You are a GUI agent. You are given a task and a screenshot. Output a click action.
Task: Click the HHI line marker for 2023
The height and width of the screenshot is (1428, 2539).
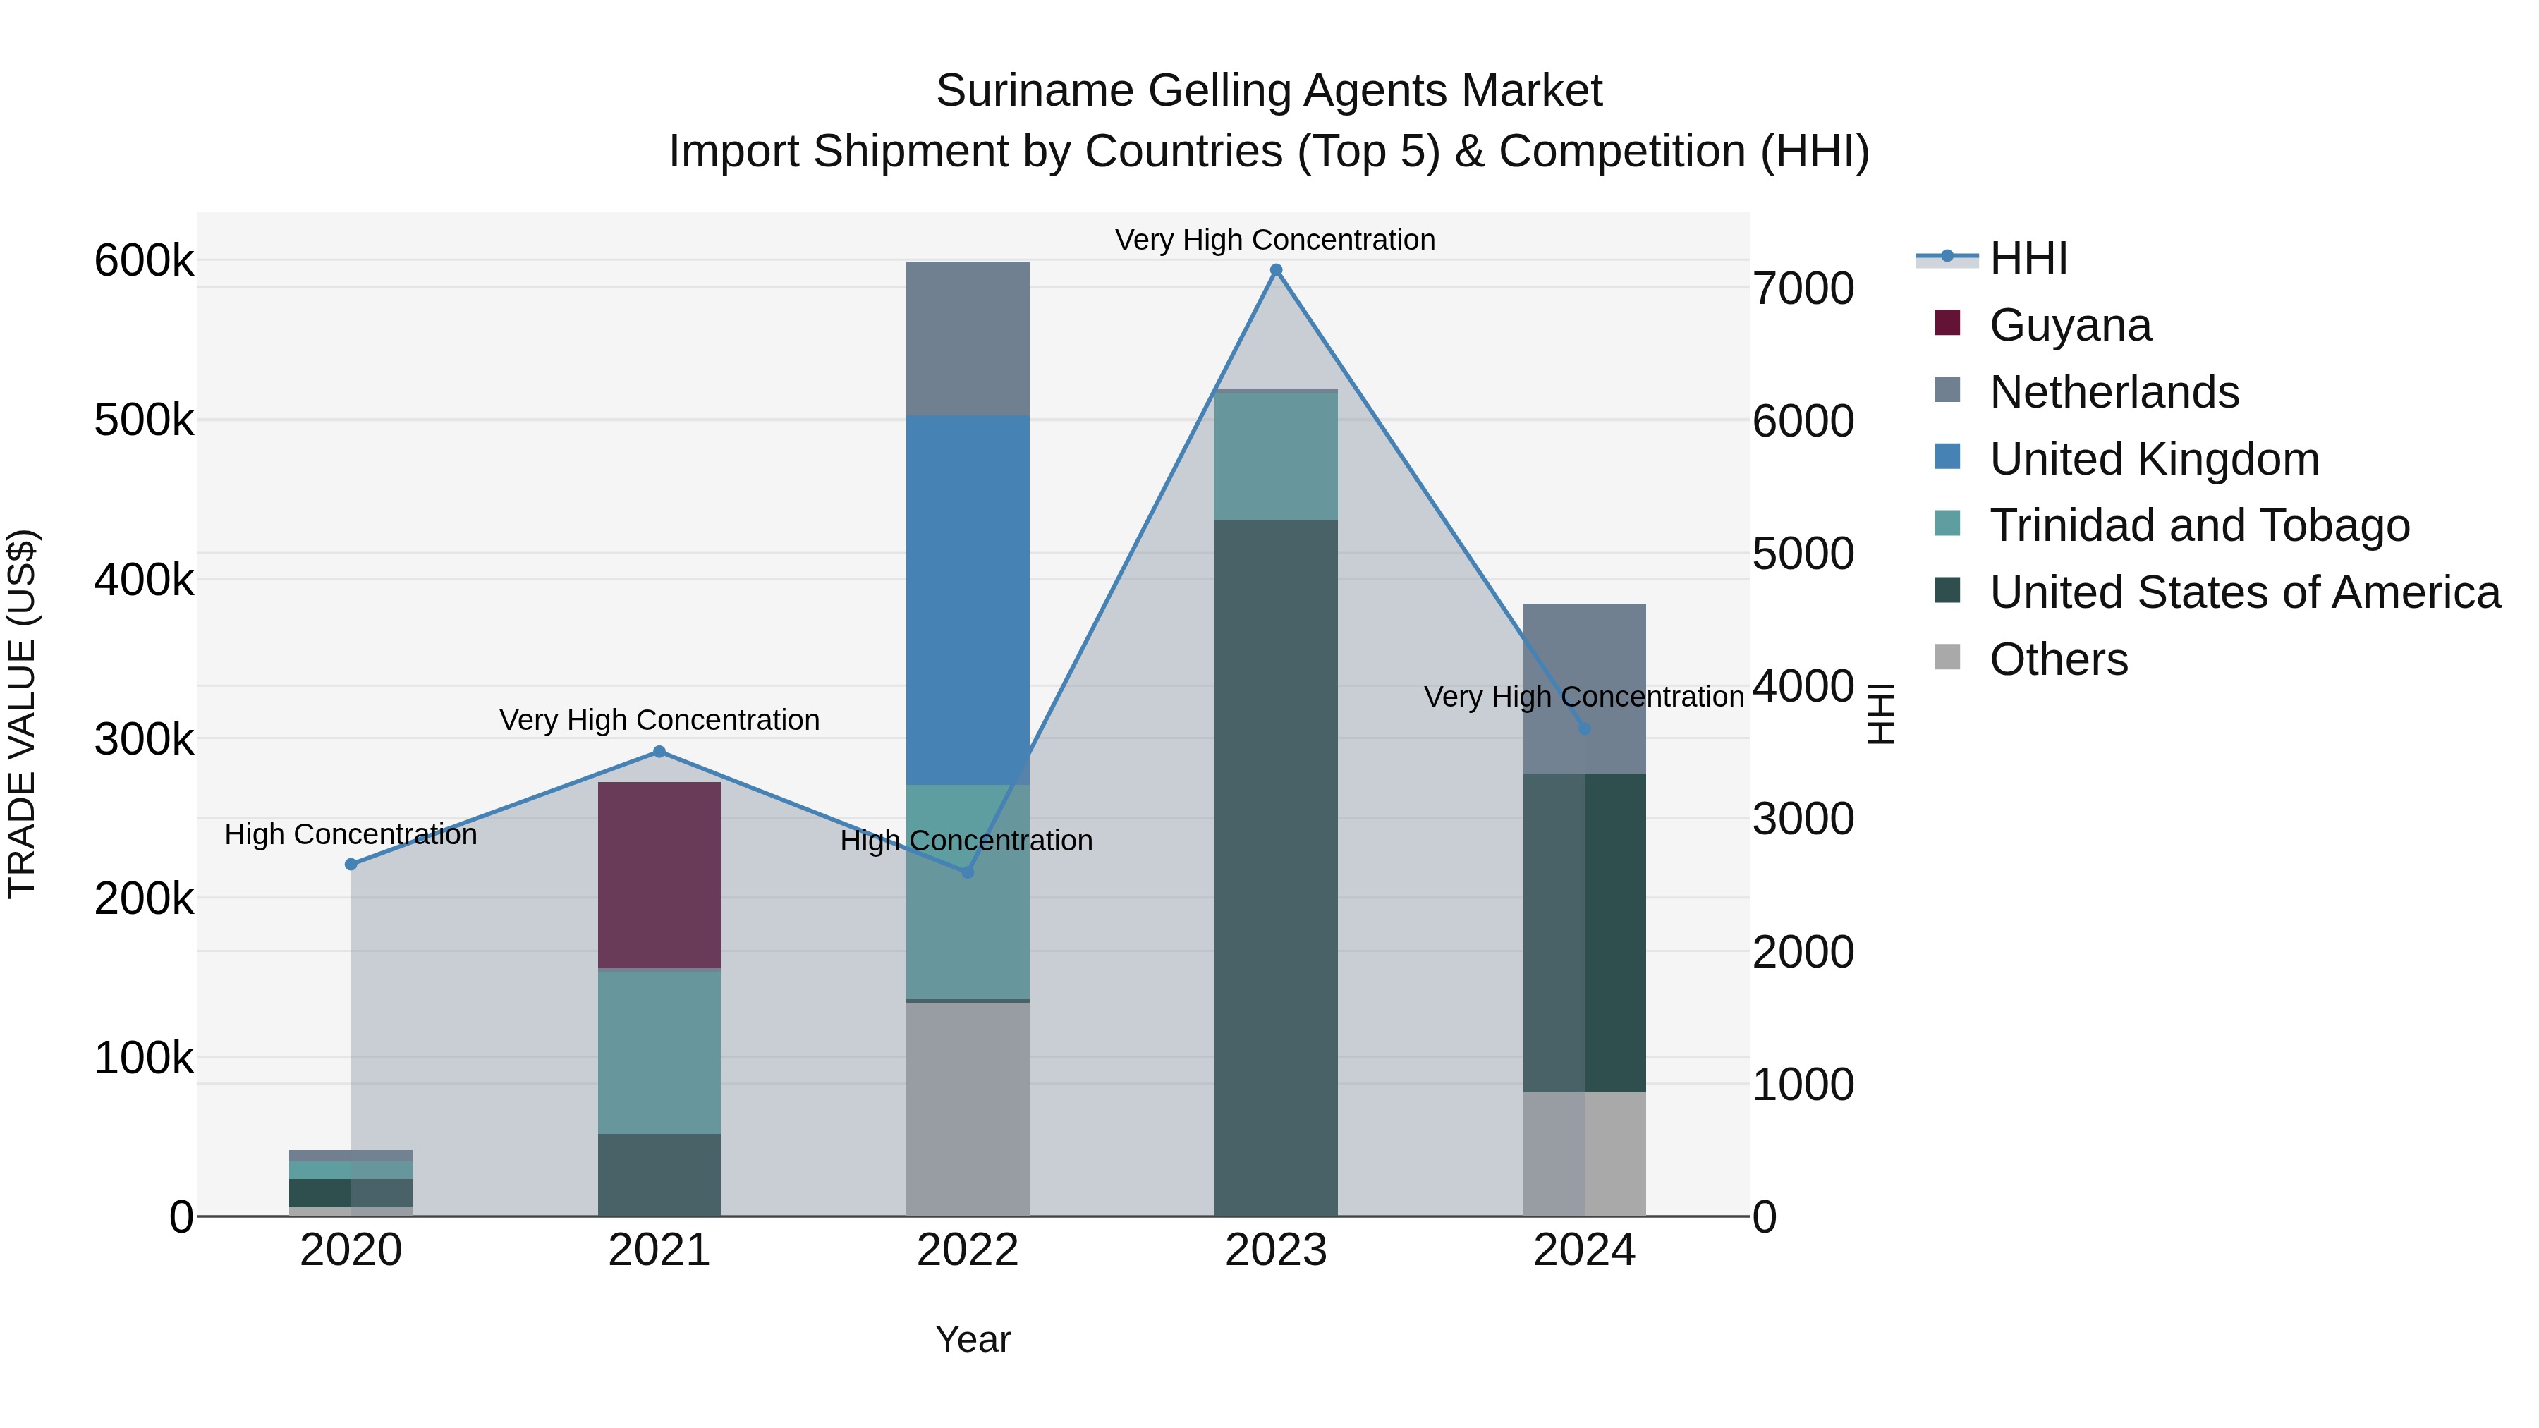(x=1275, y=270)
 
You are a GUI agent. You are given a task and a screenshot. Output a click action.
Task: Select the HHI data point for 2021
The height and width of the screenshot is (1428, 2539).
(x=659, y=752)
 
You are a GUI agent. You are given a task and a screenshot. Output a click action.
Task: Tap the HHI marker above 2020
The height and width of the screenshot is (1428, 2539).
(x=351, y=865)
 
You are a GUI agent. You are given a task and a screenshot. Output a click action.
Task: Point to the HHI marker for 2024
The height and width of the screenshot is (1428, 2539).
(x=1584, y=729)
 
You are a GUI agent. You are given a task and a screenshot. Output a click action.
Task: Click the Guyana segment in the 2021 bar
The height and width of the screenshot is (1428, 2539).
(x=659, y=875)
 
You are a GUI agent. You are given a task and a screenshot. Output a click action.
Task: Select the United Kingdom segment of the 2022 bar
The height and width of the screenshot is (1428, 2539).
(x=967, y=599)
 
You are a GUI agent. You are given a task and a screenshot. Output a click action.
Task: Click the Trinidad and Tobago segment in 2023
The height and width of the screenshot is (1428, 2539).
(x=1275, y=456)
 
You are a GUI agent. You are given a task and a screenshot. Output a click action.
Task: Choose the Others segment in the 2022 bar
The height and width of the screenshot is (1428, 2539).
(x=967, y=1109)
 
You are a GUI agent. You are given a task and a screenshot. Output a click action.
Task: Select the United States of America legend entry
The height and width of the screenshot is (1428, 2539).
(x=2244, y=592)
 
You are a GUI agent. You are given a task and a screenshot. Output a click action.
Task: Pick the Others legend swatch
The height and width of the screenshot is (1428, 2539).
(x=1947, y=657)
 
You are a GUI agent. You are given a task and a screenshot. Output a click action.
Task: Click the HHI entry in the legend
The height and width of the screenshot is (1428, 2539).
(x=2028, y=258)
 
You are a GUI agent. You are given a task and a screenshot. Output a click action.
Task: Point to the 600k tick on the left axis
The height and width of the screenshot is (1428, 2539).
(x=144, y=261)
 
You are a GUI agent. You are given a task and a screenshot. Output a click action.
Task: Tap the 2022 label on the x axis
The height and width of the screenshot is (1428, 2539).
(x=967, y=1250)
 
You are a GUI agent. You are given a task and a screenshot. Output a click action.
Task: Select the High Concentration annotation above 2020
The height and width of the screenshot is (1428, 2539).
(x=351, y=835)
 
